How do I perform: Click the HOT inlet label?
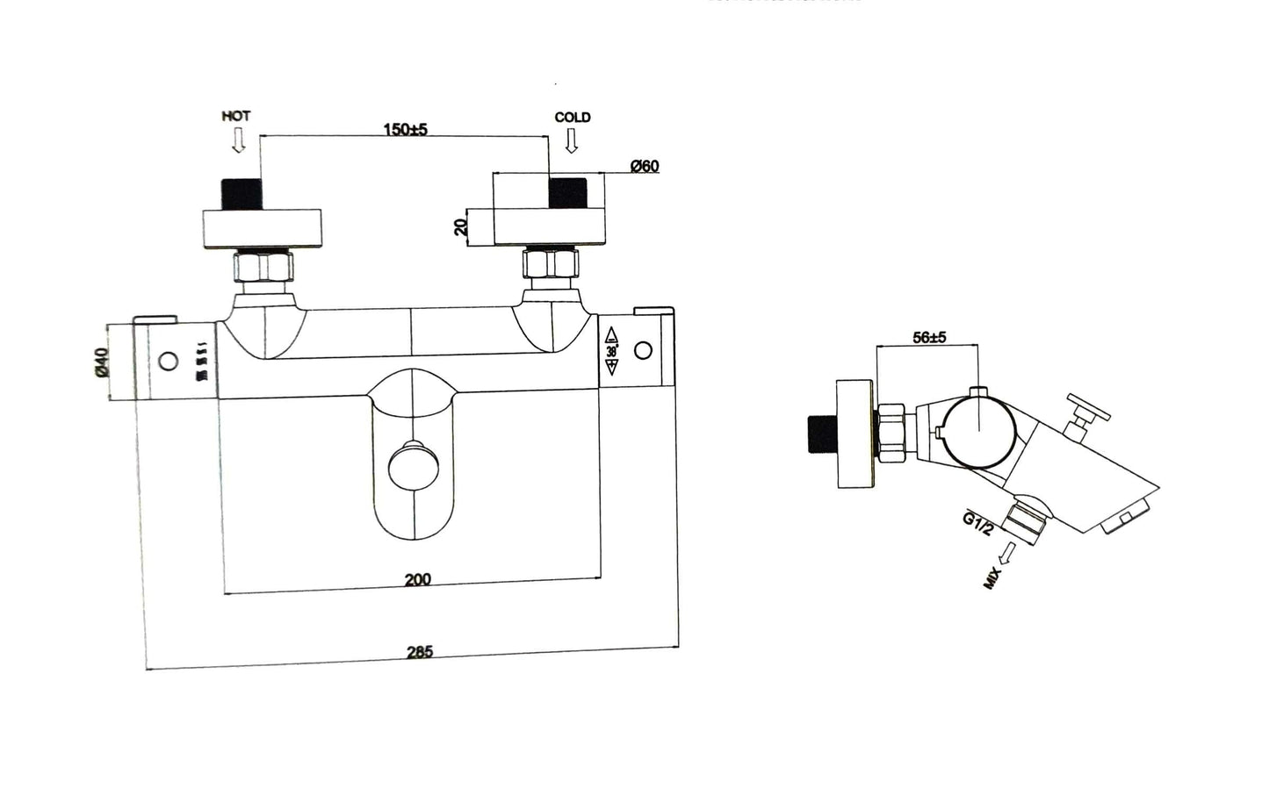point(235,116)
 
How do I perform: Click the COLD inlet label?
point(572,117)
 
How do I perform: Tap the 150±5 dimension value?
point(405,130)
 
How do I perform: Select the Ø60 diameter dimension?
point(645,166)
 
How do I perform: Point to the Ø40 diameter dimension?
point(102,362)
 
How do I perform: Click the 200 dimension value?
point(417,579)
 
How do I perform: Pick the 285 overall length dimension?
point(420,652)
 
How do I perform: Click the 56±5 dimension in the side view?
point(929,337)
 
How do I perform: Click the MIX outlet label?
point(993,577)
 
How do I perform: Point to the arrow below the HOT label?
point(237,140)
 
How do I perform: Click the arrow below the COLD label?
point(572,140)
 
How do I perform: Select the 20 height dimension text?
point(460,227)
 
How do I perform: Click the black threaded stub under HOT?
point(243,193)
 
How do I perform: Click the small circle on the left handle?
point(169,361)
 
